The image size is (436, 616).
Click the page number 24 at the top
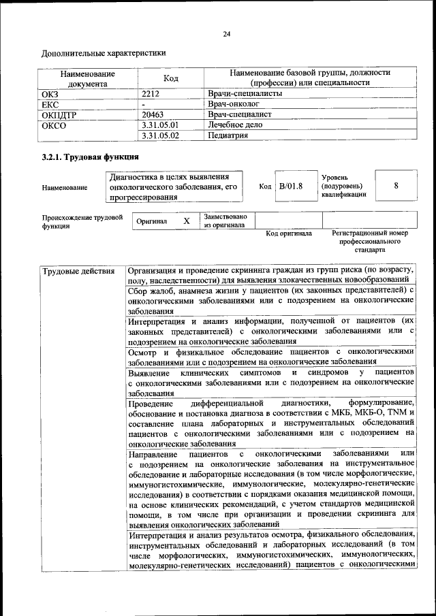(226, 33)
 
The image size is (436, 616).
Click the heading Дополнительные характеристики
(103, 52)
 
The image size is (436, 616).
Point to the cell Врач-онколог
(234, 104)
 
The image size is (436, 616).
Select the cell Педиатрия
(228, 135)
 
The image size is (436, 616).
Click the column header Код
(171, 78)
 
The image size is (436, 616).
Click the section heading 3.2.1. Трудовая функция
(86, 158)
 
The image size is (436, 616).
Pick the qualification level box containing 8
(396, 185)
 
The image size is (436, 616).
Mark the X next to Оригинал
(187, 221)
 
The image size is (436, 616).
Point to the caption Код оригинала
(289, 233)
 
